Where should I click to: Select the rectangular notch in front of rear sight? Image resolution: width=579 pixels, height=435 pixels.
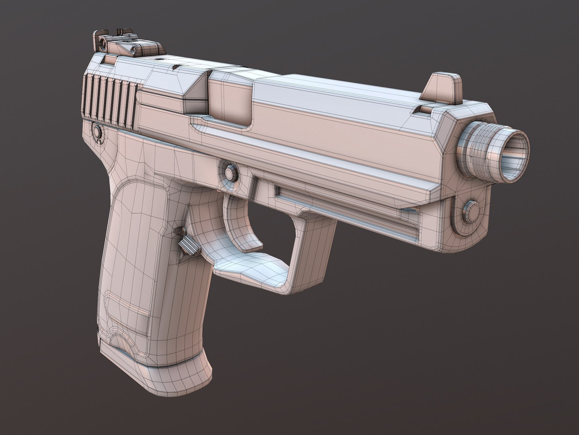(x=109, y=60)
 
